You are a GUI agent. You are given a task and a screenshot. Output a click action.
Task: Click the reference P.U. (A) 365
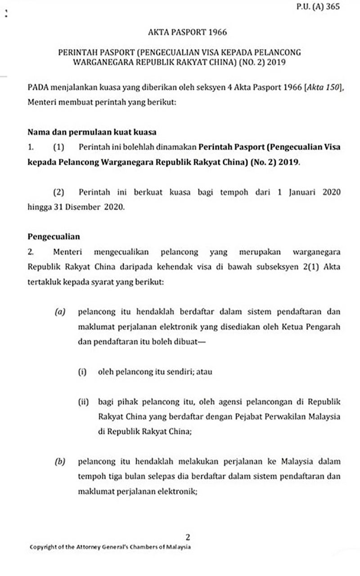pos(318,7)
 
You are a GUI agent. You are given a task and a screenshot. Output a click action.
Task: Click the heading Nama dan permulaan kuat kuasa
pos(92,133)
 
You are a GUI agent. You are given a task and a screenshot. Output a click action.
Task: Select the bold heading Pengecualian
pos(54,236)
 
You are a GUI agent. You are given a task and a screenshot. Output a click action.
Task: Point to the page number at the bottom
pos(188,536)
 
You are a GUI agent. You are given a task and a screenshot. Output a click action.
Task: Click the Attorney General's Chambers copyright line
pos(110,547)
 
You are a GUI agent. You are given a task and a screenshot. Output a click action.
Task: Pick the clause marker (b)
pos(60,462)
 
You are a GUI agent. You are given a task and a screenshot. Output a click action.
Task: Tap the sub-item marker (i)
pos(82,372)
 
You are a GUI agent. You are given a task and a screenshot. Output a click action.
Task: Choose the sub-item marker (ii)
pos(84,402)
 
